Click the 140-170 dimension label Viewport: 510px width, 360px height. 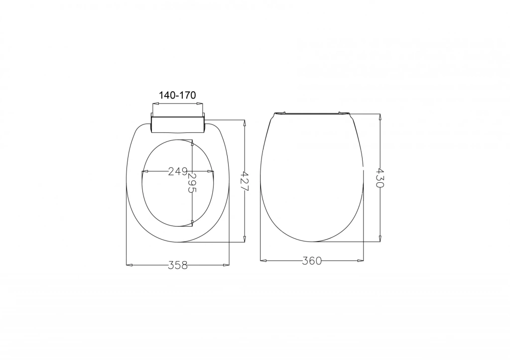(177, 95)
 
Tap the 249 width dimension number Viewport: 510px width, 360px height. (178, 171)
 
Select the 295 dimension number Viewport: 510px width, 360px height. (193, 183)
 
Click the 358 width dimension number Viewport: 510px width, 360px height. (178, 265)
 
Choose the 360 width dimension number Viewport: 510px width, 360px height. (312, 260)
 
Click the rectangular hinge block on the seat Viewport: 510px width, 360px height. (178, 123)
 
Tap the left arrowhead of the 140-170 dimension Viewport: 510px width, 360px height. (156, 104)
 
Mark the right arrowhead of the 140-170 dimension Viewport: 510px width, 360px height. (199, 104)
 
